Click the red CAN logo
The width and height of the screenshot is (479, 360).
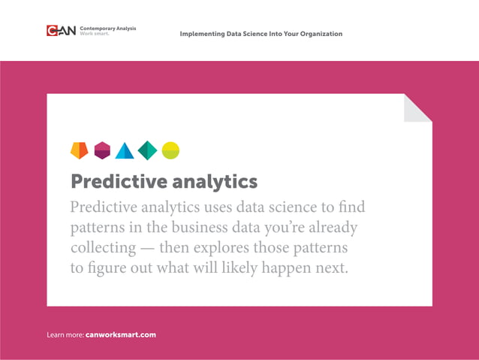point(60,31)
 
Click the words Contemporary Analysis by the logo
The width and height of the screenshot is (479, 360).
point(107,28)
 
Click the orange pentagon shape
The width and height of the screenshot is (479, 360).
point(79,150)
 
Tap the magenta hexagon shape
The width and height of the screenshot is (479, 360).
point(102,150)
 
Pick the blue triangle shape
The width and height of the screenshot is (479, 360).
point(125,151)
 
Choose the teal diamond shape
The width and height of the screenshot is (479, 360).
point(147,150)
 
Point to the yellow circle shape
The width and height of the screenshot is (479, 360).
point(170,150)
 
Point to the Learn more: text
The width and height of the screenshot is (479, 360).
point(65,334)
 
